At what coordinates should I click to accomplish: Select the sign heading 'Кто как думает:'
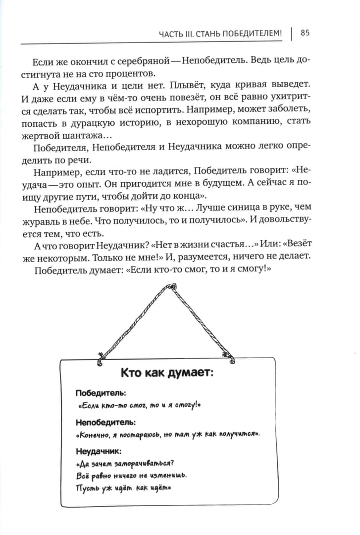pos(167,373)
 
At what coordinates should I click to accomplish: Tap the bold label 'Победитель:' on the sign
pos(101,393)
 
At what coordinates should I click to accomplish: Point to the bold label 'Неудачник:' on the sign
pos(99,451)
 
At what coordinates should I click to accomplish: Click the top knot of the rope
pos(172,286)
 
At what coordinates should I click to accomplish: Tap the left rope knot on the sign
pos(101,359)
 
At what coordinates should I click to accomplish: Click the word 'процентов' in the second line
pos(133,74)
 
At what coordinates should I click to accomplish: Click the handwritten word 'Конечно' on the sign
pos(96,434)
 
